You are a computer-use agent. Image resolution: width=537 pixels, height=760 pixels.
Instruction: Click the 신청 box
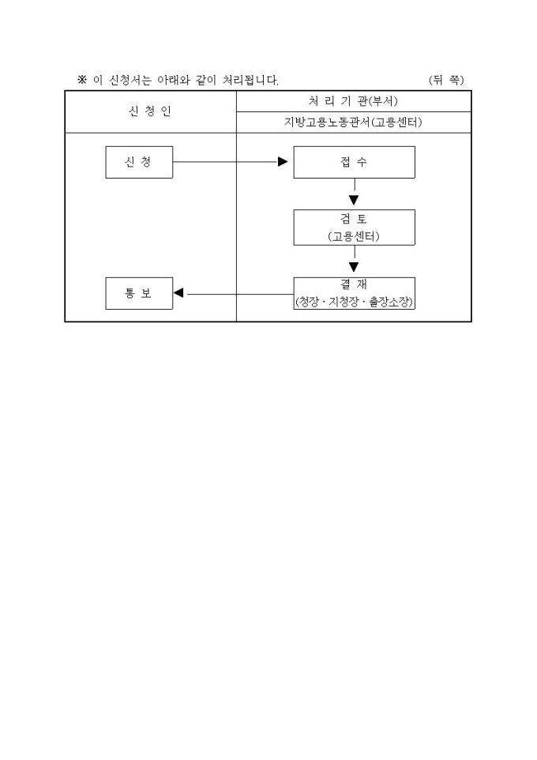click(139, 163)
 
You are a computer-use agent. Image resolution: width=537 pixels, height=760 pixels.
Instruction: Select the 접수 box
click(354, 163)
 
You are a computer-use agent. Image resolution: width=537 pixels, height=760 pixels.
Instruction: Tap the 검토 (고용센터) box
click(354, 228)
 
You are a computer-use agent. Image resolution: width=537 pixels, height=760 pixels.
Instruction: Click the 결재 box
click(354, 293)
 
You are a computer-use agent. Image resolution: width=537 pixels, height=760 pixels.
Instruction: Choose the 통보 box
click(139, 294)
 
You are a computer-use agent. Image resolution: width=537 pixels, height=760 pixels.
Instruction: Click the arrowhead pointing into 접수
click(283, 163)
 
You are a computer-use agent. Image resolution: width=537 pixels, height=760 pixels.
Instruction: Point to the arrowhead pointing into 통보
click(179, 294)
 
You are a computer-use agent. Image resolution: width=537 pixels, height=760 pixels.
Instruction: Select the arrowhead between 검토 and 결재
click(354, 267)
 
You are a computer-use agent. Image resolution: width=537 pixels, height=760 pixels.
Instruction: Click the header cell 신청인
click(149, 111)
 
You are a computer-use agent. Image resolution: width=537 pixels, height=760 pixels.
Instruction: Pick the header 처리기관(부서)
click(354, 101)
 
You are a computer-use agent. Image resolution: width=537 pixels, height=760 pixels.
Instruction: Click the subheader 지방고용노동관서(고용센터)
click(354, 122)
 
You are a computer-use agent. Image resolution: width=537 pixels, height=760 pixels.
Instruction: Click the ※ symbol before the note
click(81, 80)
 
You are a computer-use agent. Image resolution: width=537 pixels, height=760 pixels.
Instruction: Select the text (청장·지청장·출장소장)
click(354, 302)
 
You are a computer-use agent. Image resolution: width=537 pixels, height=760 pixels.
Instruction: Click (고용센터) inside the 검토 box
click(354, 236)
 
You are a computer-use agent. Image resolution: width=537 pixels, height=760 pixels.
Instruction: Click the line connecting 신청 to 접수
click(225, 163)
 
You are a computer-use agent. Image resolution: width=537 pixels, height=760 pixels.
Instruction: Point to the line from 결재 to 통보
click(237, 294)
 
